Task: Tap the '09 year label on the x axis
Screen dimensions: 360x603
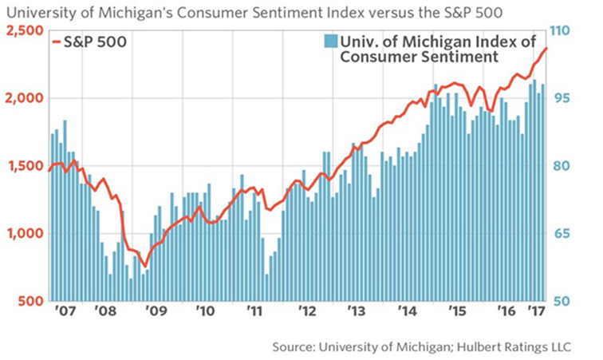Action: pyautogui.click(x=156, y=311)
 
